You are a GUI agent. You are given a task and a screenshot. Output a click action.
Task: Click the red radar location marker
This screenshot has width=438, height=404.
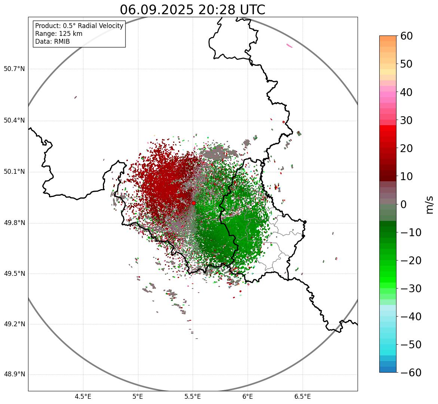pos(193,203)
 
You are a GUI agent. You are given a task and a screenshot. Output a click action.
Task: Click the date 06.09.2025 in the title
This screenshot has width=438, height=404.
pos(156,10)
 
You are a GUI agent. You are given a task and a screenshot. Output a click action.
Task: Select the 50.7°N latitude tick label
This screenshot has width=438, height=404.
pos(14,69)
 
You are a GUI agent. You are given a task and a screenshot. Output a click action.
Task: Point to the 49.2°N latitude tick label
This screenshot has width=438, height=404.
pos(14,324)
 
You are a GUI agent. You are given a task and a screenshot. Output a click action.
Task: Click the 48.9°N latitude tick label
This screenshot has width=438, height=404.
pos(14,374)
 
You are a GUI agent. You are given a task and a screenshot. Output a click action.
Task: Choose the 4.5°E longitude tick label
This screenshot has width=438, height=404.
pos(83,397)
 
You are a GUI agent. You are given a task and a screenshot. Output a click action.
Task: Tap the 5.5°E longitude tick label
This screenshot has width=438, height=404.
pos(193,397)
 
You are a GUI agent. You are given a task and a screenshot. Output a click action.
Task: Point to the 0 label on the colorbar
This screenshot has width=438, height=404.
pos(404,204)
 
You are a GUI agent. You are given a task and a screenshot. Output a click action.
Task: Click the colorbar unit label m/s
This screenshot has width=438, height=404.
pos(429,204)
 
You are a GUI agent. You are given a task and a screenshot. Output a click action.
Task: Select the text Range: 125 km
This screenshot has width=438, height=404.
pos(59,34)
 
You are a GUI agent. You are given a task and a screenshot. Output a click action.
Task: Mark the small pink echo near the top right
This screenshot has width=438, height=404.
pos(290,46)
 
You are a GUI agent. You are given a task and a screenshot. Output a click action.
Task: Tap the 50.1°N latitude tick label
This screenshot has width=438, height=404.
pos(14,172)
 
